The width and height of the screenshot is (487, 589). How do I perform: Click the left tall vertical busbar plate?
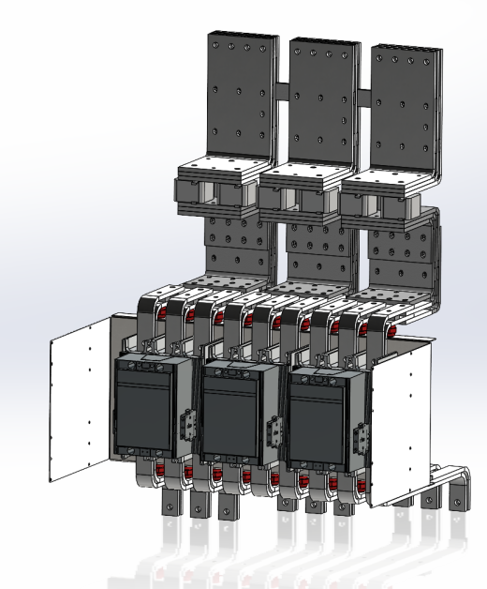(x=243, y=94)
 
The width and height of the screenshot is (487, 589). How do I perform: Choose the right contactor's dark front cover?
(x=319, y=418)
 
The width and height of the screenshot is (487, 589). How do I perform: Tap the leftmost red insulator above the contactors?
(x=162, y=312)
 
